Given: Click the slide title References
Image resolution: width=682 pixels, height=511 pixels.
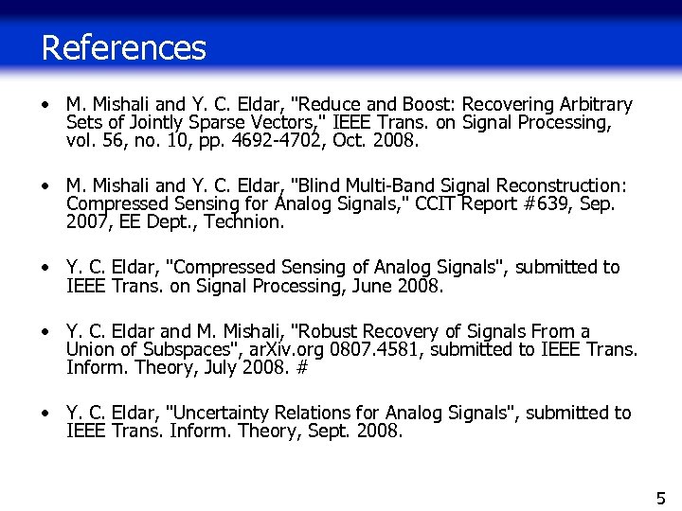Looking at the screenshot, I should pos(123,47).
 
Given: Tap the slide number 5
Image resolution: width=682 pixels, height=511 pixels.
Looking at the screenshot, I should pos(660,498).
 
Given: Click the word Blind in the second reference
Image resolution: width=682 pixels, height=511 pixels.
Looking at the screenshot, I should pos(316,186).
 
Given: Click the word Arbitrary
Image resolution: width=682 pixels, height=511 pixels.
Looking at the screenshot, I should pos(595,104).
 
